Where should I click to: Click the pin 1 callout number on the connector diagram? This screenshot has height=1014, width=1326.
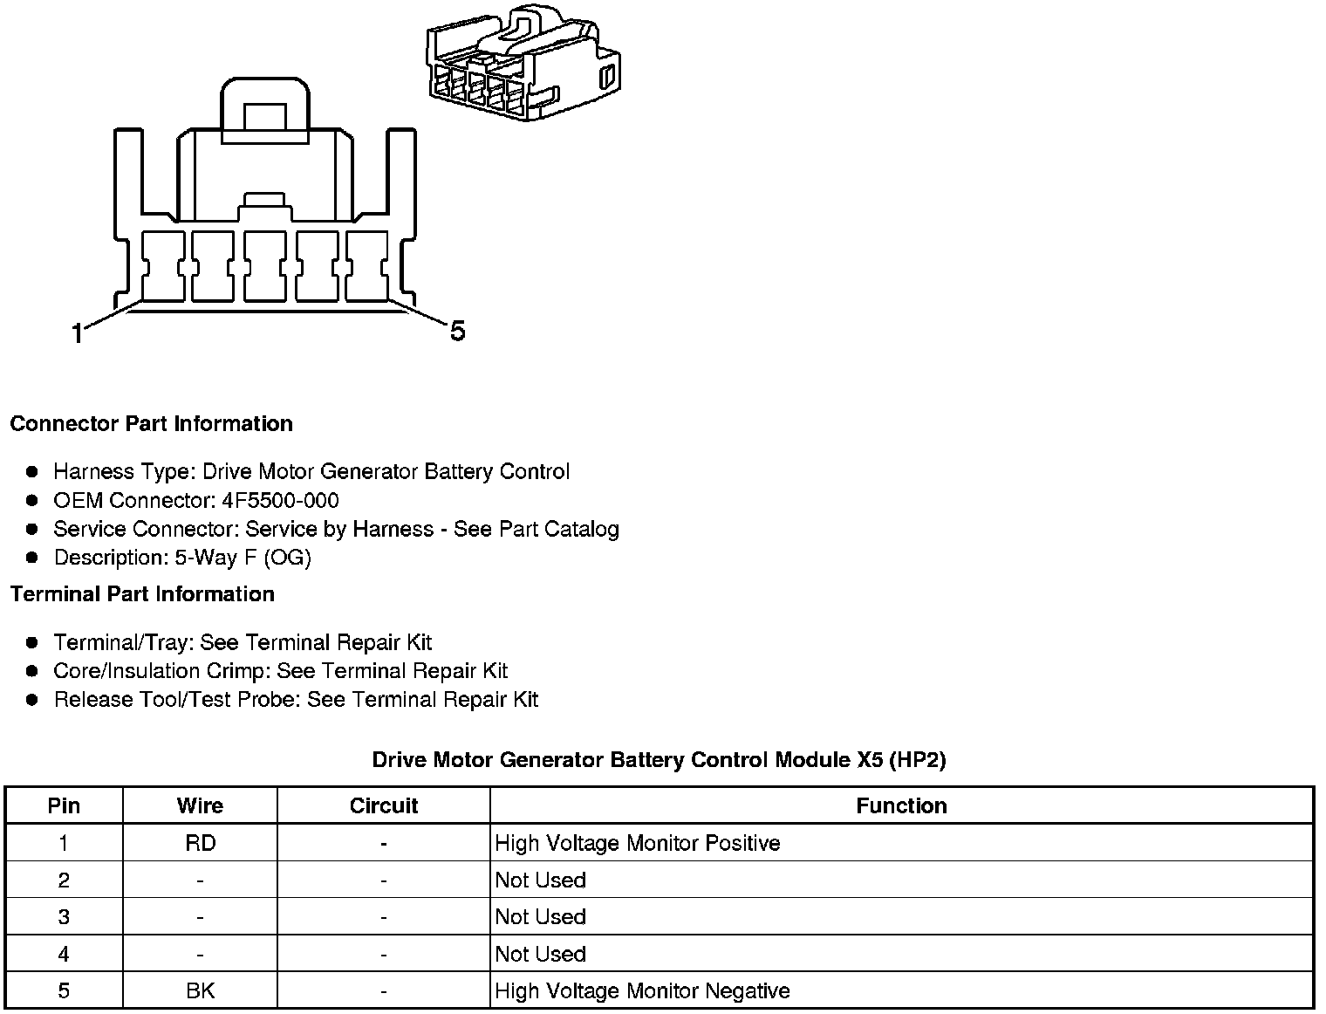[78, 333]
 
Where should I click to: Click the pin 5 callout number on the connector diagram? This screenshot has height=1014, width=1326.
[457, 331]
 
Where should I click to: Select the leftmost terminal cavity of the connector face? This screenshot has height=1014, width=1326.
[162, 266]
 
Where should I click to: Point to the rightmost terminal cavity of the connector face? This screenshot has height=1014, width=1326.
[367, 266]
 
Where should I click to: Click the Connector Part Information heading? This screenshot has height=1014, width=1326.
[151, 424]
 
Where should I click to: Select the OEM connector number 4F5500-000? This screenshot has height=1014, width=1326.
[280, 500]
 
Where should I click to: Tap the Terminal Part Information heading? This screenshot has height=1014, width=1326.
[142, 594]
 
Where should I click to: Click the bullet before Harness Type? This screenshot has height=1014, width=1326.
[32, 472]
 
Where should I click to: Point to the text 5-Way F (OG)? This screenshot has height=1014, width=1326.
[243, 558]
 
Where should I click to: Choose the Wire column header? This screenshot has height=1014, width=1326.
[200, 805]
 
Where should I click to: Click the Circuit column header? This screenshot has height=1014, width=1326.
[384, 805]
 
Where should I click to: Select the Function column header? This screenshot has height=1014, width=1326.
[901, 805]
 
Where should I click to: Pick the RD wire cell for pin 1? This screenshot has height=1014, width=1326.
[200, 843]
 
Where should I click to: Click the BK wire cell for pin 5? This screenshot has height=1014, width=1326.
[200, 991]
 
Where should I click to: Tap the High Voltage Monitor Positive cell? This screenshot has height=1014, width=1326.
[637, 843]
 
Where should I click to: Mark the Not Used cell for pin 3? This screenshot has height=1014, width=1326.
[540, 917]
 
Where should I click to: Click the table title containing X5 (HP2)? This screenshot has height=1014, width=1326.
[659, 759]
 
